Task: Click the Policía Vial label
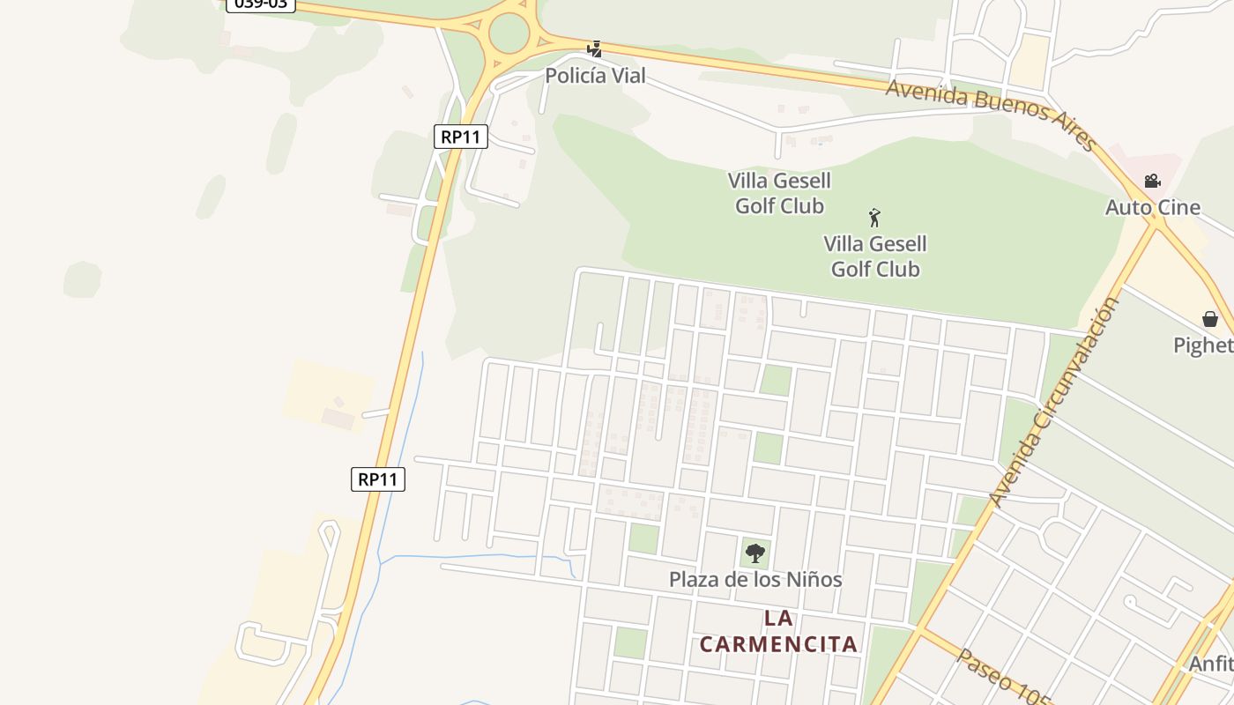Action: [595, 76]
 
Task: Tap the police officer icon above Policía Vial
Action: [595, 48]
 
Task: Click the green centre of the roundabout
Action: [509, 33]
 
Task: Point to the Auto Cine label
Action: [1153, 207]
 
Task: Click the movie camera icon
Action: [1152, 182]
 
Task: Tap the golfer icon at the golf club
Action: [874, 217]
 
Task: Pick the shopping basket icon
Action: [1210, 319]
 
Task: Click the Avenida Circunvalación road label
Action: [1052, 402]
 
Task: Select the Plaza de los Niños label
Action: [755, 580]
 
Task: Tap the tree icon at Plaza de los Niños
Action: [755, 553]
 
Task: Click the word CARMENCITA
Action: [778, 644]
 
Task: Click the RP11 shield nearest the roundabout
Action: [460, 137]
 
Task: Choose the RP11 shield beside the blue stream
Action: [378, 479]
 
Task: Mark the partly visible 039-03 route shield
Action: [261, 4]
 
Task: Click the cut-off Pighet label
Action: [1203, 345]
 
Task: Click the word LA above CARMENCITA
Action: [778, 619]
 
